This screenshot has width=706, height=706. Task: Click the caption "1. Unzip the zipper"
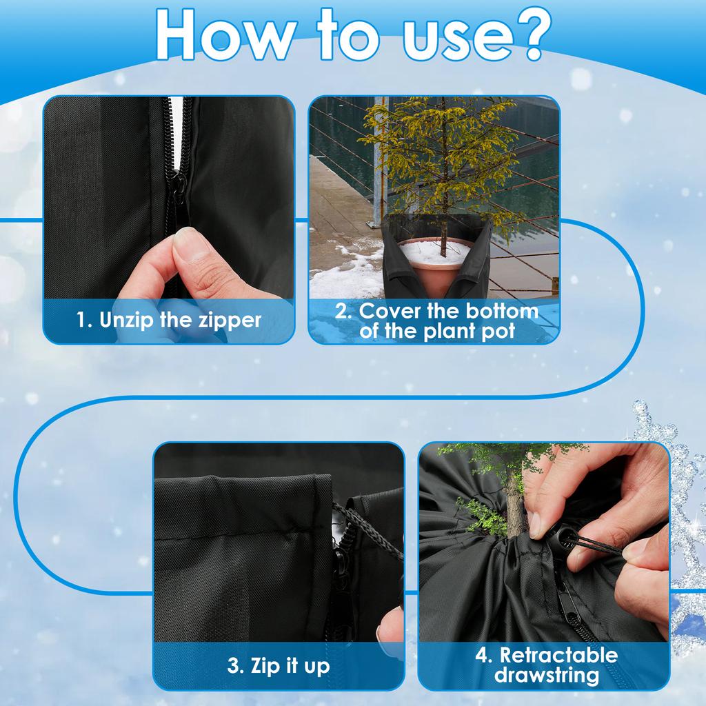coord(169,320)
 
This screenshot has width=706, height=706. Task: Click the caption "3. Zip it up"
coord(278,666)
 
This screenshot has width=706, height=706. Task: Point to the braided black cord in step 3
coord(369,531)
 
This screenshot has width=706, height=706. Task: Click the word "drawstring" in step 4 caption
coord(547,675)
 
